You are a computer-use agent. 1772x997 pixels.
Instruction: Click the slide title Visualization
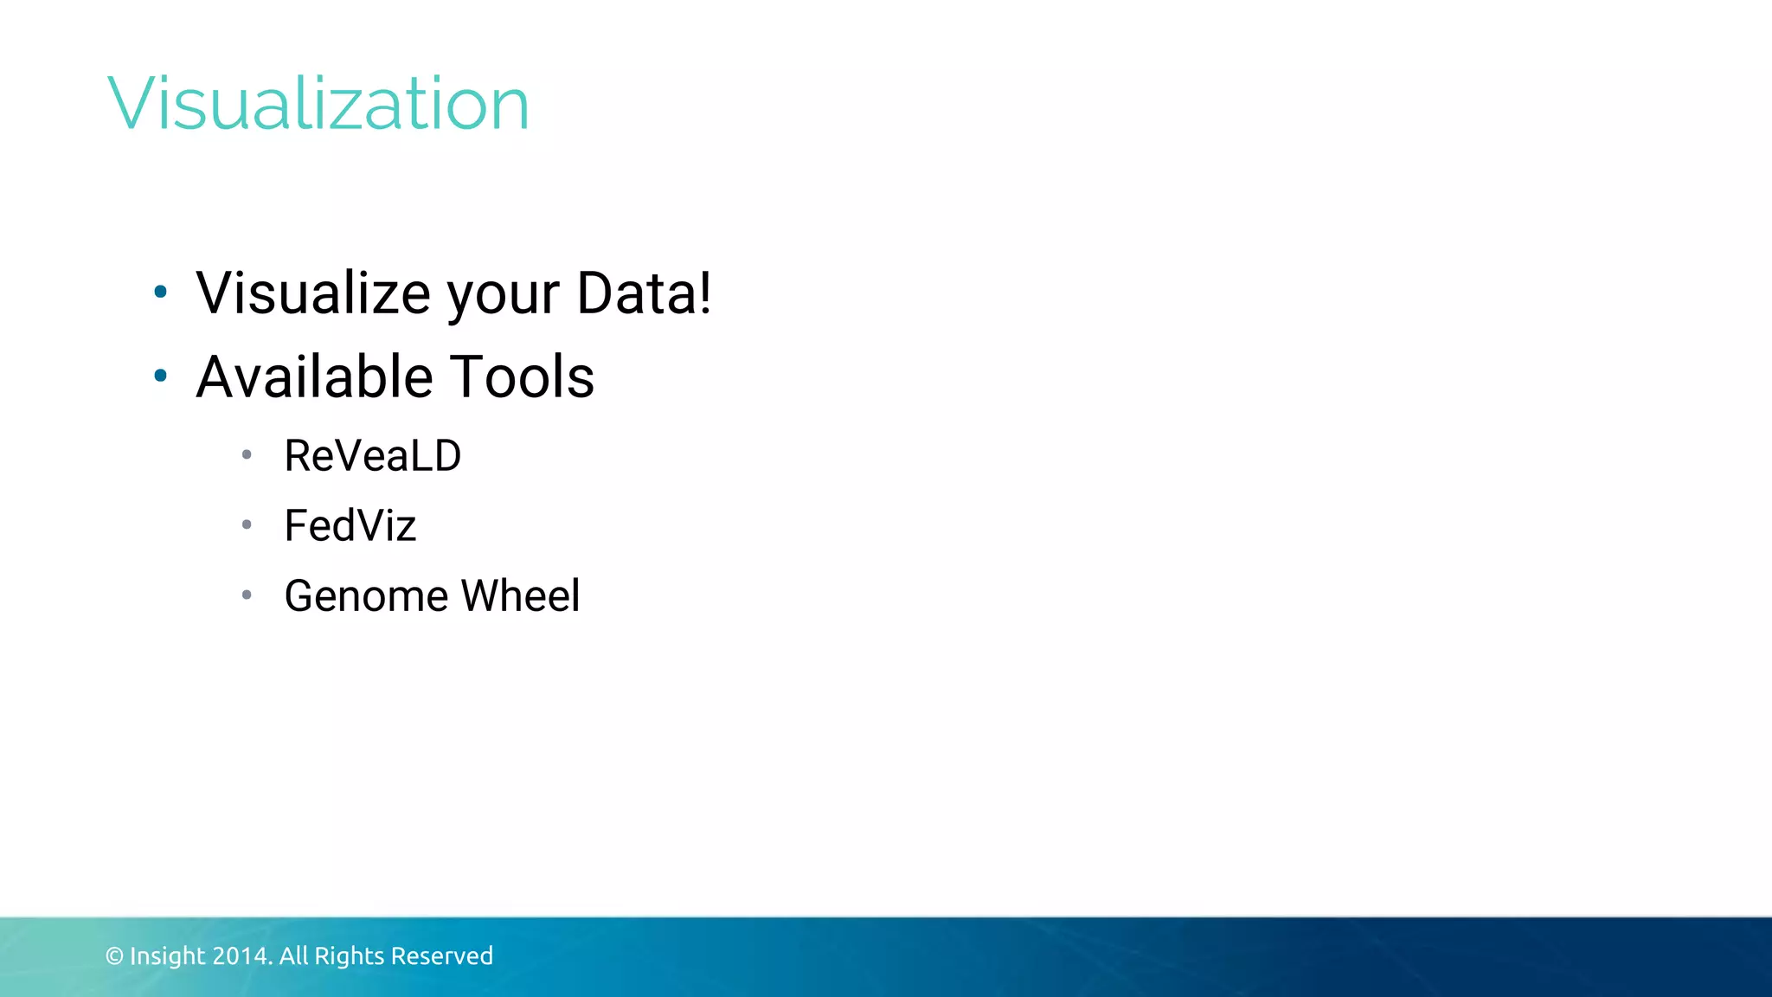(318, 104)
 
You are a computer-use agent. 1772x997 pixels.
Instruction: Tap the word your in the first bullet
(503, 296)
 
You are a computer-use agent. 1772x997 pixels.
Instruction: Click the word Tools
(523, 376)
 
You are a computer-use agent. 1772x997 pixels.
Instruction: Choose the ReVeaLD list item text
(373, 455)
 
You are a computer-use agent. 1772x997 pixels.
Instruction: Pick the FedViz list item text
(350, 525)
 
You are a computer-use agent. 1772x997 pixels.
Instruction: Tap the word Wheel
(520, 595)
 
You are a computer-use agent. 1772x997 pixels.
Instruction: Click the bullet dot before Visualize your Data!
(160, 292)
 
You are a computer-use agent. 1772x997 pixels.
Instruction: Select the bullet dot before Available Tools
(160, 376)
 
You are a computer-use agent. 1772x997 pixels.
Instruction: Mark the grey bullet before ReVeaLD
(247, 454)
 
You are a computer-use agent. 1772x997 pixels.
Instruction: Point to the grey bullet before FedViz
(247, 524)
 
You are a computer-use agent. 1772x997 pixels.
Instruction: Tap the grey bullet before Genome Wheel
(247, 595)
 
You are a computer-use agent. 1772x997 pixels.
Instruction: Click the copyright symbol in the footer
(114, 956)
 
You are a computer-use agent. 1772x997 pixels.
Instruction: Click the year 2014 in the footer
(241, 956)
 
